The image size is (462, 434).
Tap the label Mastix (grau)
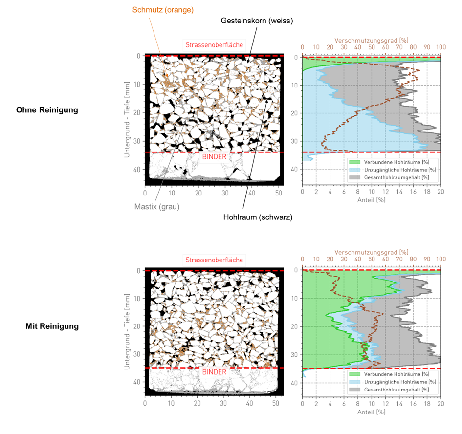pyautogui.click(x=157, y=206)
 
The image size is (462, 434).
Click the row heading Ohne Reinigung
pyautogui.click(x=52, y=110)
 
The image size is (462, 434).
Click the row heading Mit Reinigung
pyautogui.click(x=52, y=326)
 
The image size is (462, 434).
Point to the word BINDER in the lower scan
pyautogui.click(x=214, y=372)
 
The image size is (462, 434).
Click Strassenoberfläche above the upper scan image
pyautogui.click(x=214, y=44)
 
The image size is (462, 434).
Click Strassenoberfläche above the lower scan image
pyautogui.click(x=214, y=260)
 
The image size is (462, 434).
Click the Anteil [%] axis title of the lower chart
pyautogui.click(x=372, y=412)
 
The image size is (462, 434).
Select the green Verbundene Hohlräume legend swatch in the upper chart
pyautogui.click(x=354, y=161)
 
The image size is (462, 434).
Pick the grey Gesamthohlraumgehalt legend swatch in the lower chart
pyautogui.click(x=354, y=390)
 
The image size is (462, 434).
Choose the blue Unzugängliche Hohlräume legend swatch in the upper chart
pyautogui.click(x=354, y=169)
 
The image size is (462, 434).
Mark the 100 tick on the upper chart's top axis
pyautogui.click(x=441, y=47)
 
